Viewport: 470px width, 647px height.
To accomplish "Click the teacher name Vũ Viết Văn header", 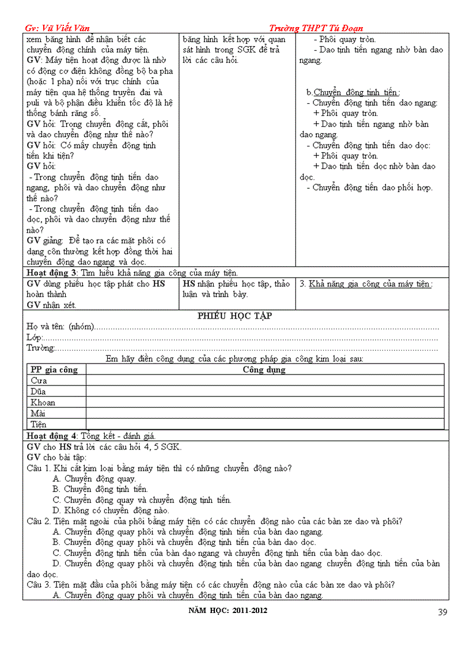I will pos(58,28).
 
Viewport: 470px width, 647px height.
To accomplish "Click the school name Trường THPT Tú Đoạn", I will pos(316,28).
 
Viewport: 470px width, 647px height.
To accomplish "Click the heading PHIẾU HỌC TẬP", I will pos(235,316).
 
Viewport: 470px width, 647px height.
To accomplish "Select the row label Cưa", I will pos(39,381).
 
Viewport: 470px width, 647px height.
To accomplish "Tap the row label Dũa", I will pos(39,392).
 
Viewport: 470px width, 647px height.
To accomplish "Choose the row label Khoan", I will pos(43,403).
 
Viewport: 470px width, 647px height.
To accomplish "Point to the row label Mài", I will pos(38,414).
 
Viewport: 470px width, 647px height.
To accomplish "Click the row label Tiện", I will pos(39,425).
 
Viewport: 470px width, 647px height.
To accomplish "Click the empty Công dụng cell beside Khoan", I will pos(265,403).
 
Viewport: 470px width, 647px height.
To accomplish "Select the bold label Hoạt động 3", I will pos(52,273).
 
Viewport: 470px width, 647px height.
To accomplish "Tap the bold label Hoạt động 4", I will pos(52,436).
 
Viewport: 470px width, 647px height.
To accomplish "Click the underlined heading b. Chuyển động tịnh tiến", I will pos(352,92).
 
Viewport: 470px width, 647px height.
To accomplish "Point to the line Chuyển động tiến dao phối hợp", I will pos(372,187).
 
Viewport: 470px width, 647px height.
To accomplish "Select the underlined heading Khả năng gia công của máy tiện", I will pos(370,284).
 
